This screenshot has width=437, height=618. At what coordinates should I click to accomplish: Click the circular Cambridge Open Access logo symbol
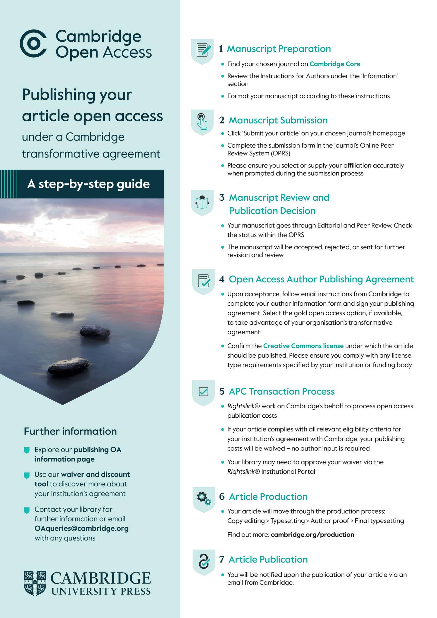click(33, 43)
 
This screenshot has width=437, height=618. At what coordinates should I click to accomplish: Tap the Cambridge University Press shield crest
click(35, 583)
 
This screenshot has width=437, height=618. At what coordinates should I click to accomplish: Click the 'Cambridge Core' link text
click(335, 64)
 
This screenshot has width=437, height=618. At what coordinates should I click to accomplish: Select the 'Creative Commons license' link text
click(303, 346)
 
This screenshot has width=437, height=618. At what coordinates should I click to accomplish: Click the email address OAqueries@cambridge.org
click(81, 528)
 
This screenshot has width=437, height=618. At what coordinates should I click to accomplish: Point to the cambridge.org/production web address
click(312, 534)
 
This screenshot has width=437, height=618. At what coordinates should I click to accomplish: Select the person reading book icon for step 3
click(202, 202)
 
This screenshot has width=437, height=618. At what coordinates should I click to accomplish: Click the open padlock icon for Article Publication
click(204, 561)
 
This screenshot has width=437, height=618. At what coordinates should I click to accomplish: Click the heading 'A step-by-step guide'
click(88, 184)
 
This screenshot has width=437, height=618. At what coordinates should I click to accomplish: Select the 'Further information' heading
click(70, 431)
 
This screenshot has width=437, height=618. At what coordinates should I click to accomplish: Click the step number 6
click(222, 496)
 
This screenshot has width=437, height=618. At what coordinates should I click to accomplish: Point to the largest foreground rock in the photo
click(69, 366)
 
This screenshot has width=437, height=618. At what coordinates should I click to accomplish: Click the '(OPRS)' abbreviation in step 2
click(280, 153)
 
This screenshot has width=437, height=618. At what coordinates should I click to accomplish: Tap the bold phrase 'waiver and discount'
click(95, 474)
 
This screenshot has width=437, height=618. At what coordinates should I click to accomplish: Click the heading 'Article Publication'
click(268, 559)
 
